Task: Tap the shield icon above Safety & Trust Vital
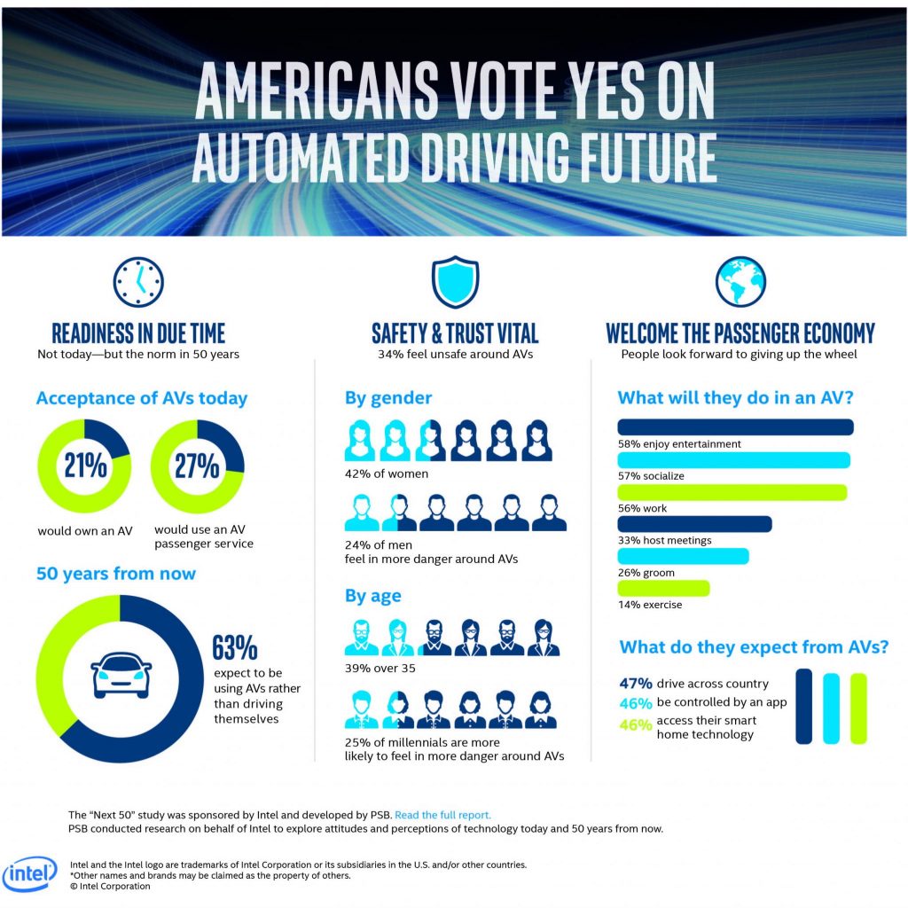click(454, 281)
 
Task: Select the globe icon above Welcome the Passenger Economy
click(740, 281)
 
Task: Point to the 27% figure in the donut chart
click(197, 465)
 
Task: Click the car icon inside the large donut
click(120, 678)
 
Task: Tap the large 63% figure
click(233, 648)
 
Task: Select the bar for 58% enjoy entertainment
click(735, 427)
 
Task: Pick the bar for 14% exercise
click(662, 588)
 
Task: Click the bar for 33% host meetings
click(694, 524)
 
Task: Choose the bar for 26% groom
click(683, 556)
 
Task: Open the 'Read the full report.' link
click(442, 814)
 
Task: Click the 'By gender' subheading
click(388, 398)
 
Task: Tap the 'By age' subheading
click(373, 596)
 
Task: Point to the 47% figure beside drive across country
click(636, 684)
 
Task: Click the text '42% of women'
click(386, 474)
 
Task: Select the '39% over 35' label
click(381, 668)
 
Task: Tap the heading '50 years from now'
click(116, 574)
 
